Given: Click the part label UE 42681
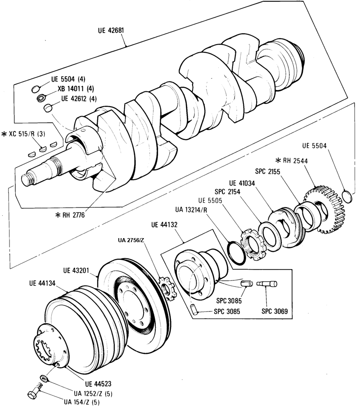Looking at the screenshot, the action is [111, 30].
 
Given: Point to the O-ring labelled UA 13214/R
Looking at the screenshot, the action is [237, 253].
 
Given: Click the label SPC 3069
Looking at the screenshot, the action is [274, 311].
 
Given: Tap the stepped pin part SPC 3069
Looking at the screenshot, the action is [267, 284].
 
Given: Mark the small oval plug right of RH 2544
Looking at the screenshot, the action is [347, 197].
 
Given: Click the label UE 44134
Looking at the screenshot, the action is [42, 283].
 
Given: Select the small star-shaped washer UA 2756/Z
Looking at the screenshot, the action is [167, 288].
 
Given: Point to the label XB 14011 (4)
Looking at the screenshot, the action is [76, 89].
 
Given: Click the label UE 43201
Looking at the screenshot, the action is [76, 271].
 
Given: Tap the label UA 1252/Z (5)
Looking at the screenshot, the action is [93, 393].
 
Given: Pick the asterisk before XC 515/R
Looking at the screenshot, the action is [4, 134].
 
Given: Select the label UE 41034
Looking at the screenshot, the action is [242, 183].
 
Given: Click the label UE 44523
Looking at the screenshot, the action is [98, 383].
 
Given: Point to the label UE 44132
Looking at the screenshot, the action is [164, 225].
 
